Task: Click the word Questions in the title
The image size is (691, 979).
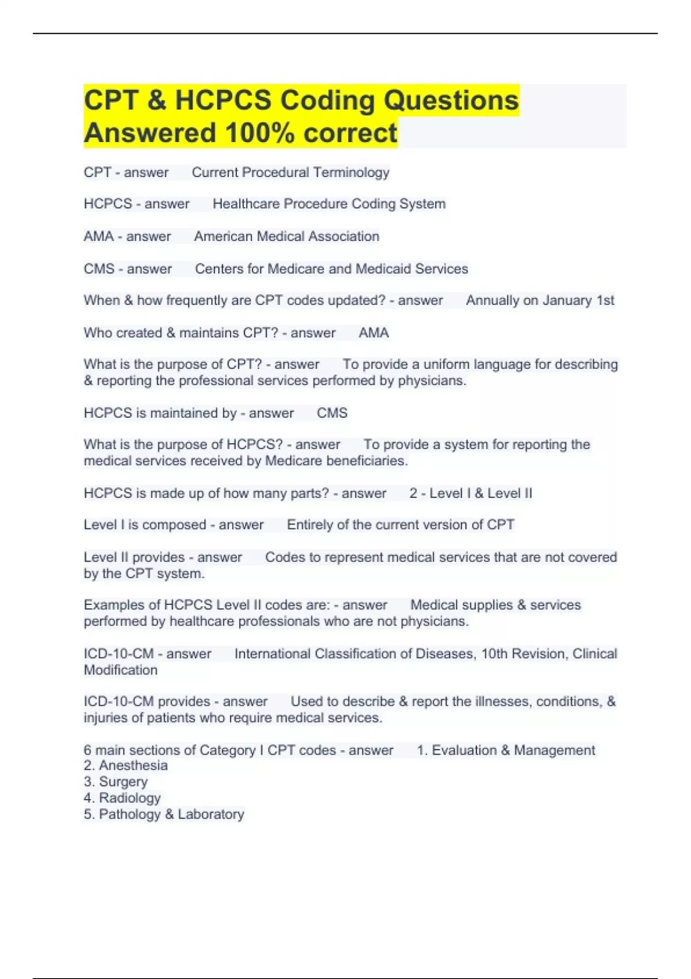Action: coord(451,100)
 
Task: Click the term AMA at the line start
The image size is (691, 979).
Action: coord(98,236)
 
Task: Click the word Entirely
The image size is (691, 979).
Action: coord(310,525)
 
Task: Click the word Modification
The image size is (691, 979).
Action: coord(120,670)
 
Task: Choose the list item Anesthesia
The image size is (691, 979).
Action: coord(133,765)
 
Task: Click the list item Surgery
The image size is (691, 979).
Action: coord(123,781)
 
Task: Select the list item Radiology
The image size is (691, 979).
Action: coord(130,798)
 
